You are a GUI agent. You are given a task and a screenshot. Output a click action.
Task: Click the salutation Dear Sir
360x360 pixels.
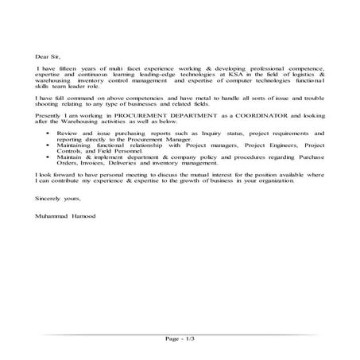point(48,56)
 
